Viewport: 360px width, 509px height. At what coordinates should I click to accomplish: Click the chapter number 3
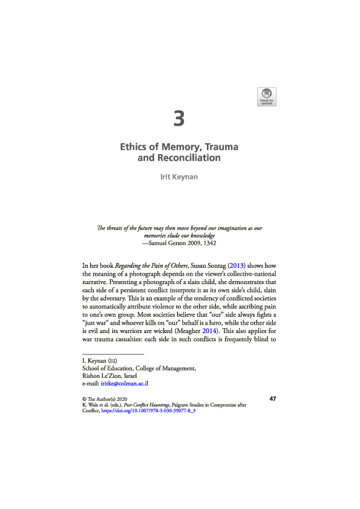[178, 118]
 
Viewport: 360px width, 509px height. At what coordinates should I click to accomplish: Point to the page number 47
[273, 399]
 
